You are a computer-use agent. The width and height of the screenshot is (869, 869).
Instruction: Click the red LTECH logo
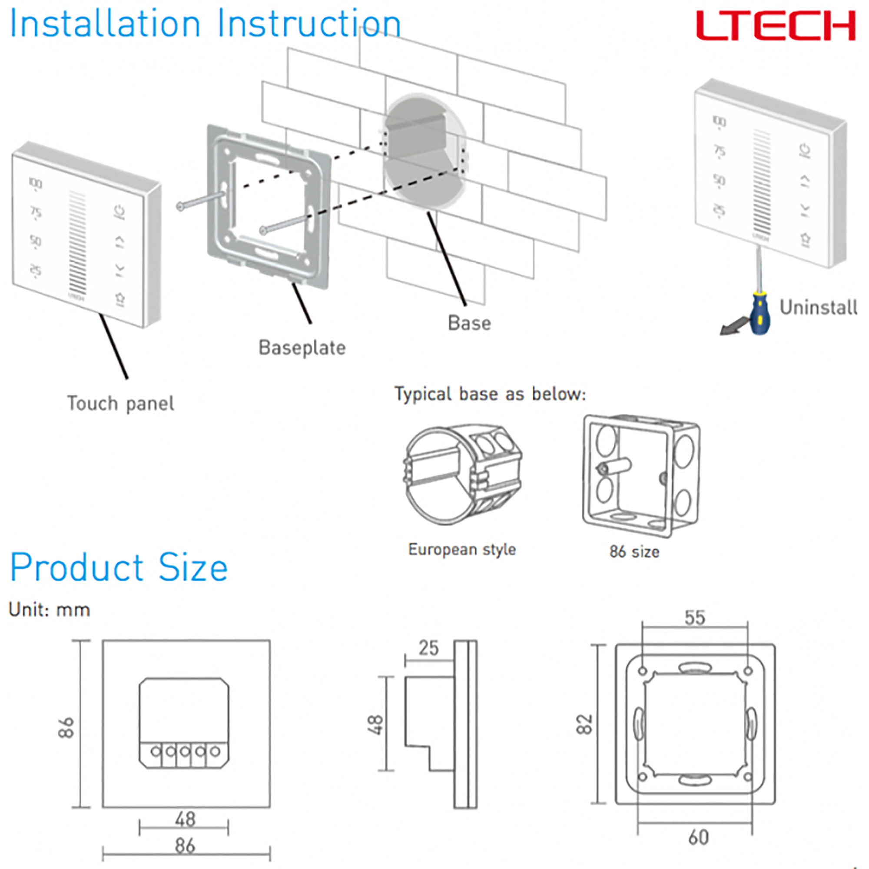point(776,26)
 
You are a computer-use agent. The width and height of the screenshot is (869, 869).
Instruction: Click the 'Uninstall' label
point(818,308)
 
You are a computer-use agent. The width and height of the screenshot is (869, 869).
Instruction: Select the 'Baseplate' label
point(302,348)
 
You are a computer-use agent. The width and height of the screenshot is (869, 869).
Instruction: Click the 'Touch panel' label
point(120,404)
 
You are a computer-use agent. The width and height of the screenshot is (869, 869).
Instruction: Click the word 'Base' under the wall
point(469,323)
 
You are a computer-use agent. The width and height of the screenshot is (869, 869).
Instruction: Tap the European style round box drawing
point(463,474)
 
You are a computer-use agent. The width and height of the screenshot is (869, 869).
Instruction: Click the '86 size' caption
point(634,552)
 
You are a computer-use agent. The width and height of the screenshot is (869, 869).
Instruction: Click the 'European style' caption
point(462,549)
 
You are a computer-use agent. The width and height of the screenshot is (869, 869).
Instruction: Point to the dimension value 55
point(694,618)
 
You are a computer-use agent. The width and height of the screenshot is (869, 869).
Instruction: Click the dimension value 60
point(698,837)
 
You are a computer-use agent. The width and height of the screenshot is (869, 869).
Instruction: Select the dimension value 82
point(585,724)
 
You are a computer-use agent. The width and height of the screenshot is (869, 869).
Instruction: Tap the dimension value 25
point(428,648)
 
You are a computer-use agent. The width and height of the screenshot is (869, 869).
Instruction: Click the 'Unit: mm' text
point(50,610)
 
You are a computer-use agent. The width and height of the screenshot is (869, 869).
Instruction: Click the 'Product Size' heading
point(119,567)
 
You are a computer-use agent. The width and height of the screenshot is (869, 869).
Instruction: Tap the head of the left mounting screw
point(180,206)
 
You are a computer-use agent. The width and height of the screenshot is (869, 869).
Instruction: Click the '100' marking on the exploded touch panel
point(36,183)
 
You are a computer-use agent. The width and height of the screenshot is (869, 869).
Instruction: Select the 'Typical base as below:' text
point(490,394)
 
